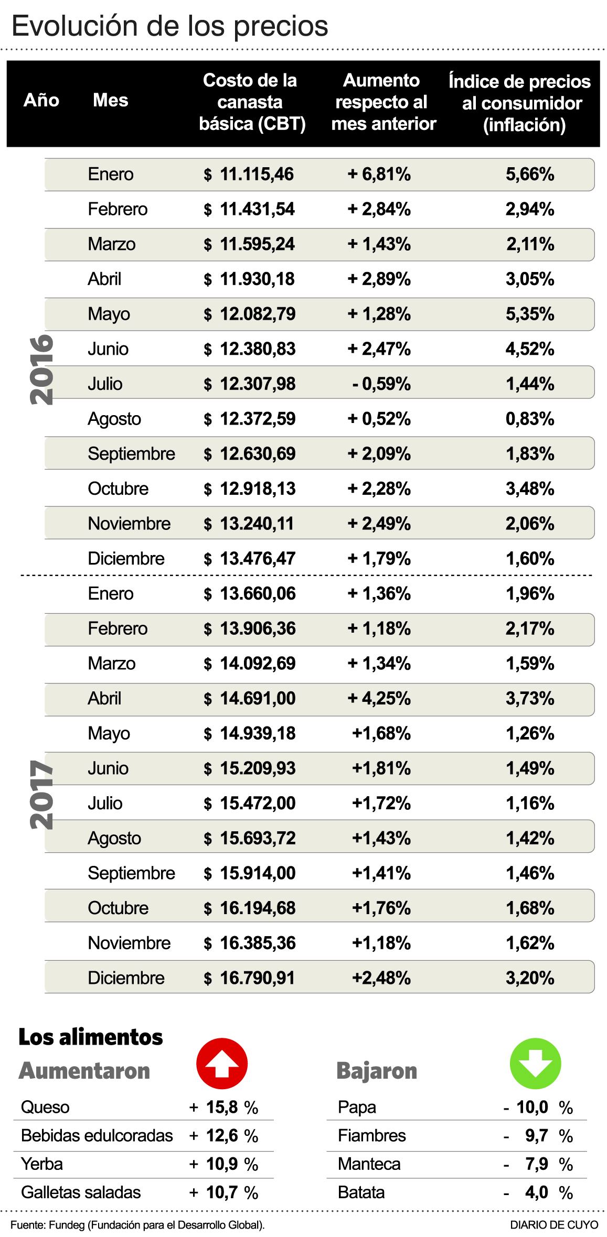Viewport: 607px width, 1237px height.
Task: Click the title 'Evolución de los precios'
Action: (170, 26)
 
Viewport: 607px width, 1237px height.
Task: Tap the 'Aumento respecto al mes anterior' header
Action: (383, 102)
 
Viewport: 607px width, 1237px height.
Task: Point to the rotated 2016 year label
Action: (41, 370)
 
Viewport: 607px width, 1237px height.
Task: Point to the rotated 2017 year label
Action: (41, 795)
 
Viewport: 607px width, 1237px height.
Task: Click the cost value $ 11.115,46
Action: (249, 174)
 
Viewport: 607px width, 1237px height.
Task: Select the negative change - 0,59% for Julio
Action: (381, 384)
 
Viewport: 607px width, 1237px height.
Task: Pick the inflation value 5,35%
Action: (529, 314)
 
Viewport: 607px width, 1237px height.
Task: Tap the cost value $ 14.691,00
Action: (250, 698)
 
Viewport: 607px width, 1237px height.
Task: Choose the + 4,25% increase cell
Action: (379, 698)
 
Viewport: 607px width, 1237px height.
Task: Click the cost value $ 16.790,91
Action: (250, 978)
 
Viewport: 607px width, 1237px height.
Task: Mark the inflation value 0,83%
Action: (529, 419)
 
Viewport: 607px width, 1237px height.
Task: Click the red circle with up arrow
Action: (222, 1064)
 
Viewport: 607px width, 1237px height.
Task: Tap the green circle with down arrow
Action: (535, 1064)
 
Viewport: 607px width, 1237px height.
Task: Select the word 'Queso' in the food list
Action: (45, 1107)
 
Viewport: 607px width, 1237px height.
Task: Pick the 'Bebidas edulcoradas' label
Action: (97, 1135)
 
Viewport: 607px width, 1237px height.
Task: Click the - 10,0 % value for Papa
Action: (537, 1107)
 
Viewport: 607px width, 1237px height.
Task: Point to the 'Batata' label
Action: (361, 1192)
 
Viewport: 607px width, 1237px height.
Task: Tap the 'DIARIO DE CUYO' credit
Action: (554, 1225)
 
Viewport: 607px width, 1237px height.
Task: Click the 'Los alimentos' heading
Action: (91, 1037)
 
